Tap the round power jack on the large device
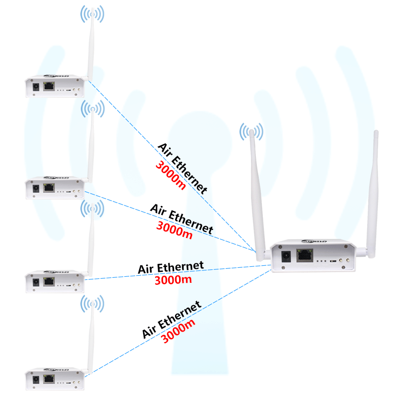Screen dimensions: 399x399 tap(286, 257)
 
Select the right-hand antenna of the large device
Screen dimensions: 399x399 tap(373, 190)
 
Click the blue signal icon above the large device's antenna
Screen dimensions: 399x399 tap(251, 132)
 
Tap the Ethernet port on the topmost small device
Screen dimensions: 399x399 tap(49, 87)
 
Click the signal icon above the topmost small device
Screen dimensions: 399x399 tap(93, 14)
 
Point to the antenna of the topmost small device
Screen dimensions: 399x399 tap(90, 50)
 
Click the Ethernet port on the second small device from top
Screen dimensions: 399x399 tap(49, 189)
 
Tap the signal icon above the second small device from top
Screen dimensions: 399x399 tap(93, 108)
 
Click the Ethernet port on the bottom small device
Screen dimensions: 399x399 tap(49, 379)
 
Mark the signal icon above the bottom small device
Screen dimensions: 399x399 tap(93, 303)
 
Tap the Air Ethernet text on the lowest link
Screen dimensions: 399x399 tap(172, 319)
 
